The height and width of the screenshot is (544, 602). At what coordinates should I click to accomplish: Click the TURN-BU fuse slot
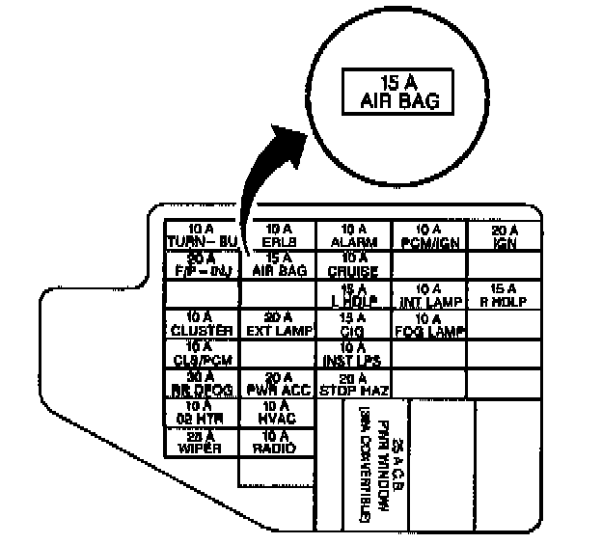tap(202, 235)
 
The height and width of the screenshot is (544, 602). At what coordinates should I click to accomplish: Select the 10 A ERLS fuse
tap(278, 235)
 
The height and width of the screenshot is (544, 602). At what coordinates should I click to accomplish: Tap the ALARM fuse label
tap(353, 235)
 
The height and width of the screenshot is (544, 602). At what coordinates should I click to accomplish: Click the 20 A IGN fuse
tap(505, 235)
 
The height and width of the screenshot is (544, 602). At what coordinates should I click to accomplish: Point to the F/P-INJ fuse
tap(202, 264)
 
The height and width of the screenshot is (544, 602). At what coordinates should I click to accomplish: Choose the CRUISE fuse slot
tap(353, 264)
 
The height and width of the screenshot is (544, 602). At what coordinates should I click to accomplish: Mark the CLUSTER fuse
tap(202, 324)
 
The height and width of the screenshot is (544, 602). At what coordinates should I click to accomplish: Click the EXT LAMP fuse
tap(278, 324)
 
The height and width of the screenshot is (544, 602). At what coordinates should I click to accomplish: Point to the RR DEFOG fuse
tap(202, 383)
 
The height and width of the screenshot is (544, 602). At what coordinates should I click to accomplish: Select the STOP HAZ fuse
tap(353, 383)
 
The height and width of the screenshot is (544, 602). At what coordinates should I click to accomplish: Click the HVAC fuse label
tap(278, 413)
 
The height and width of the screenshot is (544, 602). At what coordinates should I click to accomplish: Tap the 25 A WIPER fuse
tap(202, 443)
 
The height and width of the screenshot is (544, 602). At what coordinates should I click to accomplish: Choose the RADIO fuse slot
tap(278, 443)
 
